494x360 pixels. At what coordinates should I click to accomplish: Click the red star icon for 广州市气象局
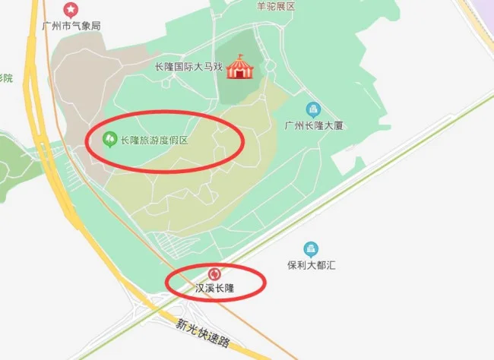(71, 10)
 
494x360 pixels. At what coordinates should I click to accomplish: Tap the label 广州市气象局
(72, 26)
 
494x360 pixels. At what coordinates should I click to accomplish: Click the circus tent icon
(239, 66)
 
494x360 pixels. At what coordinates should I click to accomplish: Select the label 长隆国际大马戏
(188, 67)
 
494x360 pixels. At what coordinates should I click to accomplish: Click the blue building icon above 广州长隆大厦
(312, 109)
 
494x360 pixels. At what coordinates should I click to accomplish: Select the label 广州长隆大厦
(313, 125)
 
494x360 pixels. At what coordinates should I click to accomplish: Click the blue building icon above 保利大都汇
(311, 249)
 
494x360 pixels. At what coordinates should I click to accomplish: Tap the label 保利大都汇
(312, 266)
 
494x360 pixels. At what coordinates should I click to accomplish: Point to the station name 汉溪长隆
(215, 289)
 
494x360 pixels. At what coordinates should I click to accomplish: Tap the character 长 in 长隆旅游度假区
(125, 141)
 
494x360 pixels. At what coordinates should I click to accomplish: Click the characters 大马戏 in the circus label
(207, 67)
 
